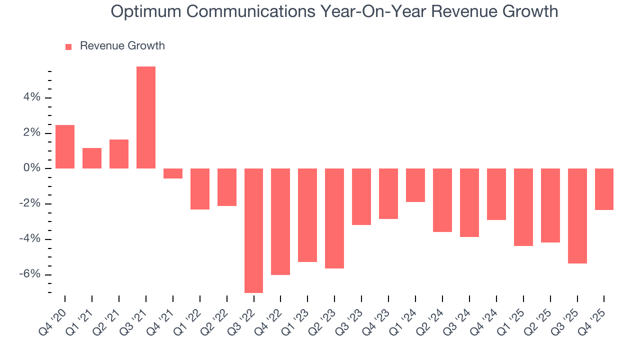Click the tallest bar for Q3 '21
click(x=146, y=117)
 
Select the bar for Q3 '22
click(x=253, y=230)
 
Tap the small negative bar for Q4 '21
click(x=173, y=173)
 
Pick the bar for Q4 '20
click(x=65, y=146)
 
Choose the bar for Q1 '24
click(x=415, y=185)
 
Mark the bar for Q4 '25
click(x=604, y=189)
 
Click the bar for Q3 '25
click(x=577, y=216)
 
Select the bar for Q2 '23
click(x=334, y=218)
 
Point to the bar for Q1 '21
click(x=92, y=158)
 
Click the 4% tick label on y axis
click(x=31, y=98)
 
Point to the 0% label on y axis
click(x=31, y=168)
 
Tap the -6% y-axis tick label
click(x=30, y=274)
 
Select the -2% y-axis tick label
click(x=30, y=204)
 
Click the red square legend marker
click(x=68, y=46)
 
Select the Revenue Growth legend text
click(x=122, y=46)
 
